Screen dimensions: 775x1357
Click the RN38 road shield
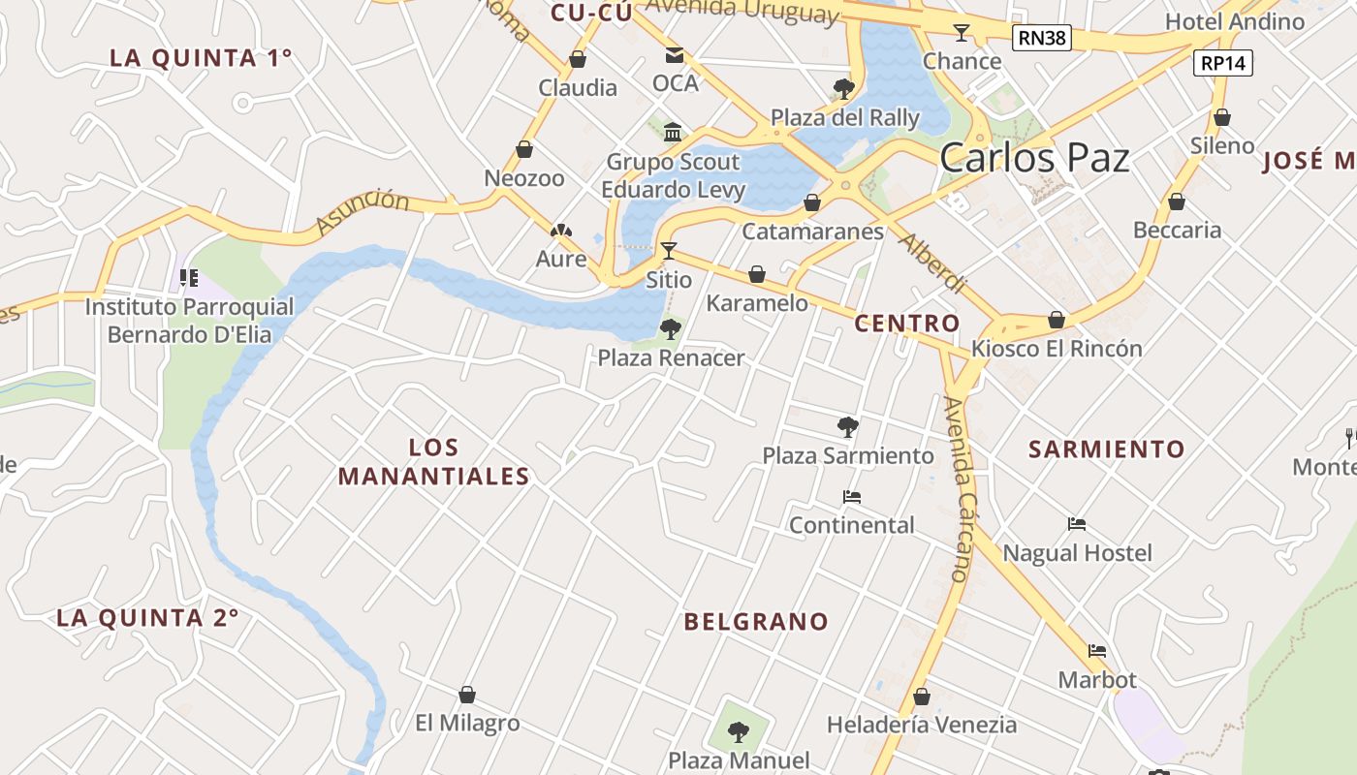click(x=1042, y=38)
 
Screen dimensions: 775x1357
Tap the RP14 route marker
click(x=1223, y=63)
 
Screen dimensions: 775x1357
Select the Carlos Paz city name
click(x=1034, y=157)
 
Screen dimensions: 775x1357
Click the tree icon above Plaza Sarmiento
click(x=848, y=426)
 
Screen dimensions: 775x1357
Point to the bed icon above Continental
click(x=852, y=497)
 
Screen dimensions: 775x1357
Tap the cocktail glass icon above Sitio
click(x=669, y=251)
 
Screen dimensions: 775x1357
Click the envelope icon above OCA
click(x=675, y=55)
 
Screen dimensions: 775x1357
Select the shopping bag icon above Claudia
click(x=578, y=59)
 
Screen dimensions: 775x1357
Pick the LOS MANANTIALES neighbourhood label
click(x=433, y=462)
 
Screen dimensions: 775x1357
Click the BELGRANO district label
click(x=756, y=622)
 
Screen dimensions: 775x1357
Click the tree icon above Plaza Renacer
click(x=670, y=329)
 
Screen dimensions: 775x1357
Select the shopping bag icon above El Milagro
click(x=467, y=695)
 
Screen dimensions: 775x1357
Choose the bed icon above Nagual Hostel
click(x=1077, y=525)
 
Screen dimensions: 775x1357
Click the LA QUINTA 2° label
click(x=147, y=618)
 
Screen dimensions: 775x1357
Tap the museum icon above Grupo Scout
click(x=673, y=132)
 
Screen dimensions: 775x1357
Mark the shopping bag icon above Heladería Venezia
click(x=922, y=697)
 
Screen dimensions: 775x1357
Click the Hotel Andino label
click(x=1235, y=21)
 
